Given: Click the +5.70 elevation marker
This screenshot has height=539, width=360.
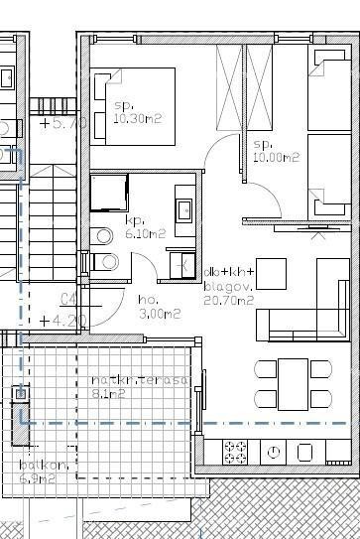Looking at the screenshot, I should tap(63, 125).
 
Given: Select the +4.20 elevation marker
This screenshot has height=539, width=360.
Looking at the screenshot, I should tap(63, 320).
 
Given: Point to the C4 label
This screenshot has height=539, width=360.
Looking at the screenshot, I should tap(69, 300).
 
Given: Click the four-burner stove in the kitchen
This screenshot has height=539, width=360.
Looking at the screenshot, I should tap(235, 453).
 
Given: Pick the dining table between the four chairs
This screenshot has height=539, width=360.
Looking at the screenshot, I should tap(292, 384).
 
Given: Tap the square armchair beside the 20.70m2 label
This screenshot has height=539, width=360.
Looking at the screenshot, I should tap(271, 272).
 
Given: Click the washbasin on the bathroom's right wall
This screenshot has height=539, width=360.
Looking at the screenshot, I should tap(183, 210).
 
